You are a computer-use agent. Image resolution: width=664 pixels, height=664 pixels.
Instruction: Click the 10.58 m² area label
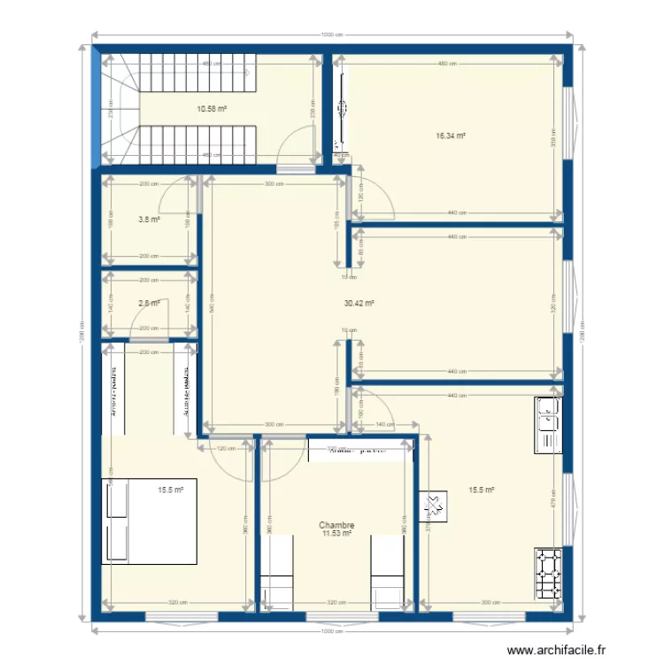(x=212, y=109)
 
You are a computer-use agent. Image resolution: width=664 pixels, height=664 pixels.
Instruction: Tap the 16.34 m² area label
(x=451, y=136)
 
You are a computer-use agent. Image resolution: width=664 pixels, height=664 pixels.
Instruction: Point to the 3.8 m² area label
(x=149, y=220)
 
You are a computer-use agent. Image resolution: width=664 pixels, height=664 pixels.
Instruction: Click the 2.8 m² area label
(x=149, y=304)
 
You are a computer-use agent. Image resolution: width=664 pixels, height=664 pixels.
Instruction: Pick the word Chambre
(x=336, y=525)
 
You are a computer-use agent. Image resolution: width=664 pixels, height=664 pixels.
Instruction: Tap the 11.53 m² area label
(x=336, y=534)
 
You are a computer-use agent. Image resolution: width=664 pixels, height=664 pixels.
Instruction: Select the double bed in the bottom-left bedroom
(x=148, y=521)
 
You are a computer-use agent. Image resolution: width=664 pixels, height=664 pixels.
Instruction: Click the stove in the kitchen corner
(x=548, y=575)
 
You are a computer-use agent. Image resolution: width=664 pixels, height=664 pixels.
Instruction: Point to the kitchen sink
(x=548, y=425)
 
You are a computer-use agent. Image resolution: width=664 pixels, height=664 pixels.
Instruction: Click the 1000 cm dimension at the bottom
(x=332, y=632)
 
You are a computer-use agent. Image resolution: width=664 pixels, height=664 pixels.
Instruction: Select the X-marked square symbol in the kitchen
(x=433, y=505)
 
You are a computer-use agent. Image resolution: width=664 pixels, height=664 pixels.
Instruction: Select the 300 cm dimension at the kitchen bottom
(x=486, y=603)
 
